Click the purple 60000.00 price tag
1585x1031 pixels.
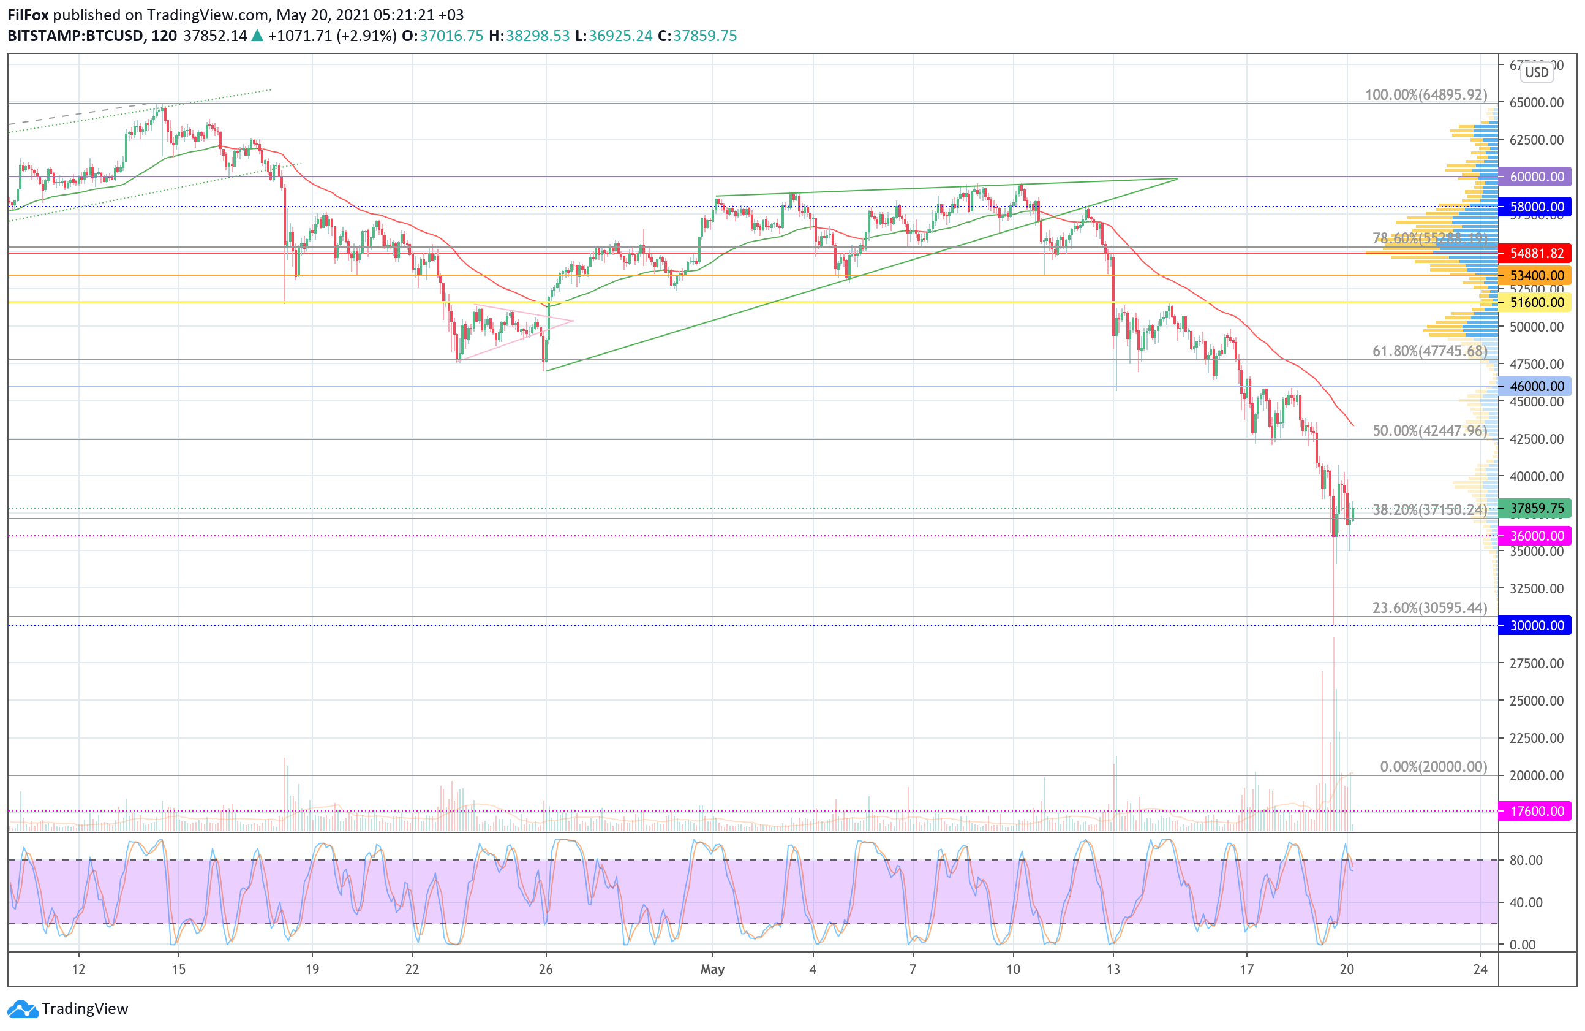pos(1535,177)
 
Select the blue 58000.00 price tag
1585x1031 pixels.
pos(1535,207)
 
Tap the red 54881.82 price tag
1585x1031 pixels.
pos(1535,253)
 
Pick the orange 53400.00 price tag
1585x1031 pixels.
pos(1535,275)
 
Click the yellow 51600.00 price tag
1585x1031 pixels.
pos(1535,303)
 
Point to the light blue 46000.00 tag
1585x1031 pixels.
pos(1535,386)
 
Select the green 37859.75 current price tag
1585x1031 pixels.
pos(1535,509)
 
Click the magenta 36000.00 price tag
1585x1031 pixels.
pos(1535,536)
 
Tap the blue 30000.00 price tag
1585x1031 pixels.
pos(1535,625)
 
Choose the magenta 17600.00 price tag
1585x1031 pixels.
pos(1535,811)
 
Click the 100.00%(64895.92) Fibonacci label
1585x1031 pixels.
pos(1426,94)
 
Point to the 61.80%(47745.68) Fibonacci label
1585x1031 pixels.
pos(1429,351)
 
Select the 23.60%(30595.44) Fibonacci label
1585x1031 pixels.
pos(1429,608)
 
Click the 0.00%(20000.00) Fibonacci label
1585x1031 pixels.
pos(1433,766)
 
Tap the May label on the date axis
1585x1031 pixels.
pos(712,969)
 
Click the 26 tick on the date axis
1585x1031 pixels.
pos(546,969)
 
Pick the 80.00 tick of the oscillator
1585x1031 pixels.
pos(1526,861)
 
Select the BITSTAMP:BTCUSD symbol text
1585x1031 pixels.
pos(75,36)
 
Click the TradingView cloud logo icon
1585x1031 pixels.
pos(23,1009)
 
